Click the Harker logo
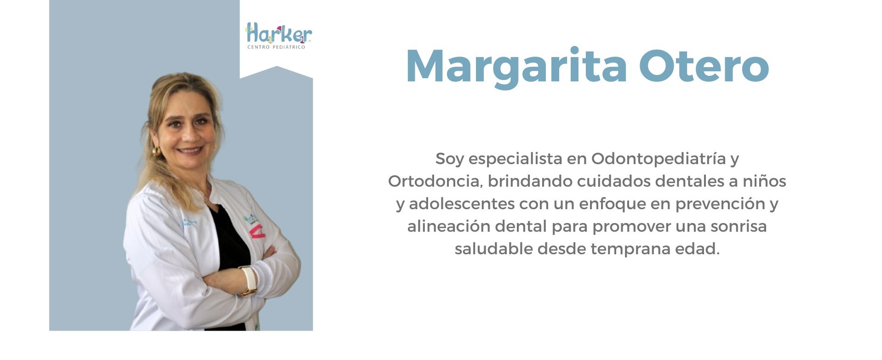coord(279,35)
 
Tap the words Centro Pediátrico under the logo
coord(276,47)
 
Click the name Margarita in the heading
coord(516,68)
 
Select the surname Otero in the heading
coord(704,66)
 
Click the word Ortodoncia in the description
coord(435,181)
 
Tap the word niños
coord(764,181)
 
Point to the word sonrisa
coord(739,226)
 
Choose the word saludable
coord(493,249)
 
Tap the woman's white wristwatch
coord(249,280)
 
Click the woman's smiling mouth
coord(190,150)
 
